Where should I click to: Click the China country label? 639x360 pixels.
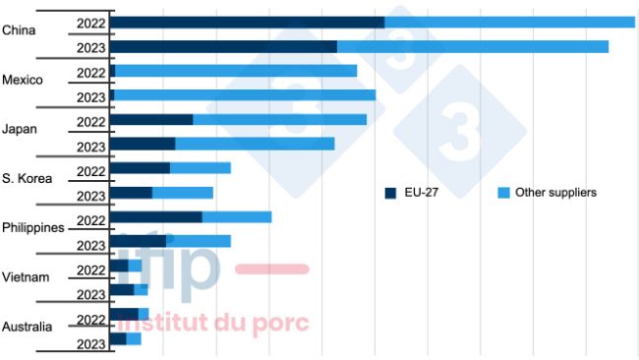point(19,30)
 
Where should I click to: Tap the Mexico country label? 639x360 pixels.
point(23,80)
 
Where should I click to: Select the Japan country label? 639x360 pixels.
point(20,129)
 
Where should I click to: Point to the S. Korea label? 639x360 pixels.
point(27,178)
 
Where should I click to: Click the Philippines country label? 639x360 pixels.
point(32,227)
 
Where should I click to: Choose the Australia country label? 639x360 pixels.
point(27,326)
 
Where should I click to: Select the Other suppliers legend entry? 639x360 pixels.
point(555,193)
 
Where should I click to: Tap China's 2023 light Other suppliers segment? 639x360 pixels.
point(472,46)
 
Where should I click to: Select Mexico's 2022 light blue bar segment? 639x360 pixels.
point(236,71)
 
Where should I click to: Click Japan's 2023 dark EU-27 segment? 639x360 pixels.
point(143,144)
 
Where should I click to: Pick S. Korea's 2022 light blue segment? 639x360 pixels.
point(201,168)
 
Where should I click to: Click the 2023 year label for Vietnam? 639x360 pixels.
point(90,294)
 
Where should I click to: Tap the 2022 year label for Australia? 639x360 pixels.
point(90,319)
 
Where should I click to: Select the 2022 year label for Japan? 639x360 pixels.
point(90,121)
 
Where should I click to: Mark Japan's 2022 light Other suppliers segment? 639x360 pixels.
point(279,120)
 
